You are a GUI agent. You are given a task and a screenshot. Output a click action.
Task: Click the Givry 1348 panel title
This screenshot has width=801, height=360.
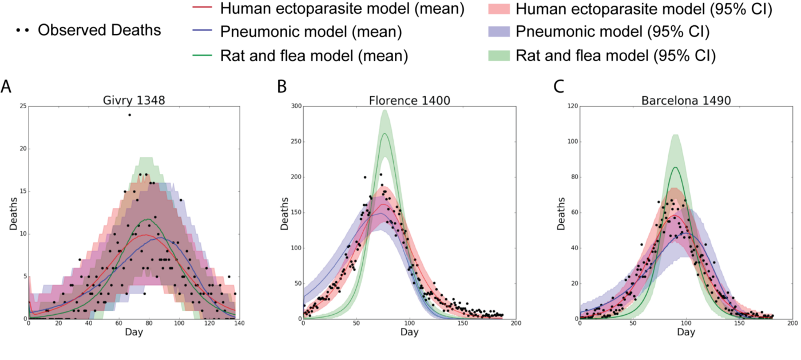(131, 100)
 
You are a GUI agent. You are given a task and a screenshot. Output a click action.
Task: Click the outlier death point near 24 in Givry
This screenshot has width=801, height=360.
(129, 114)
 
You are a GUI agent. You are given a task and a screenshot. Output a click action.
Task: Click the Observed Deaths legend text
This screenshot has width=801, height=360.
(100, 30)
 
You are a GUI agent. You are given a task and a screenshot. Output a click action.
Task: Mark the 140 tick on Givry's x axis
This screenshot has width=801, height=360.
(237, 324)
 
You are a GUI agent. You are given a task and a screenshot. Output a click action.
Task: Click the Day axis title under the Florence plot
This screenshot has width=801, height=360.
(409, 332)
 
